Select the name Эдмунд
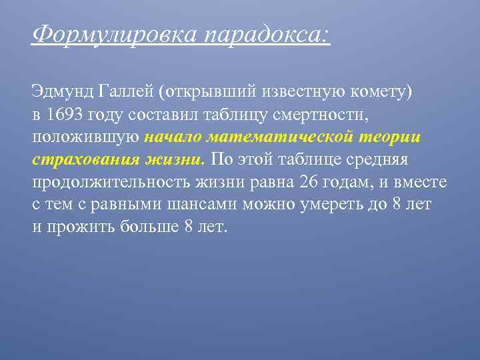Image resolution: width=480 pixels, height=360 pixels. pos(63,91)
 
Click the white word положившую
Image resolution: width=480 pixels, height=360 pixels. pos(85,137)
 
